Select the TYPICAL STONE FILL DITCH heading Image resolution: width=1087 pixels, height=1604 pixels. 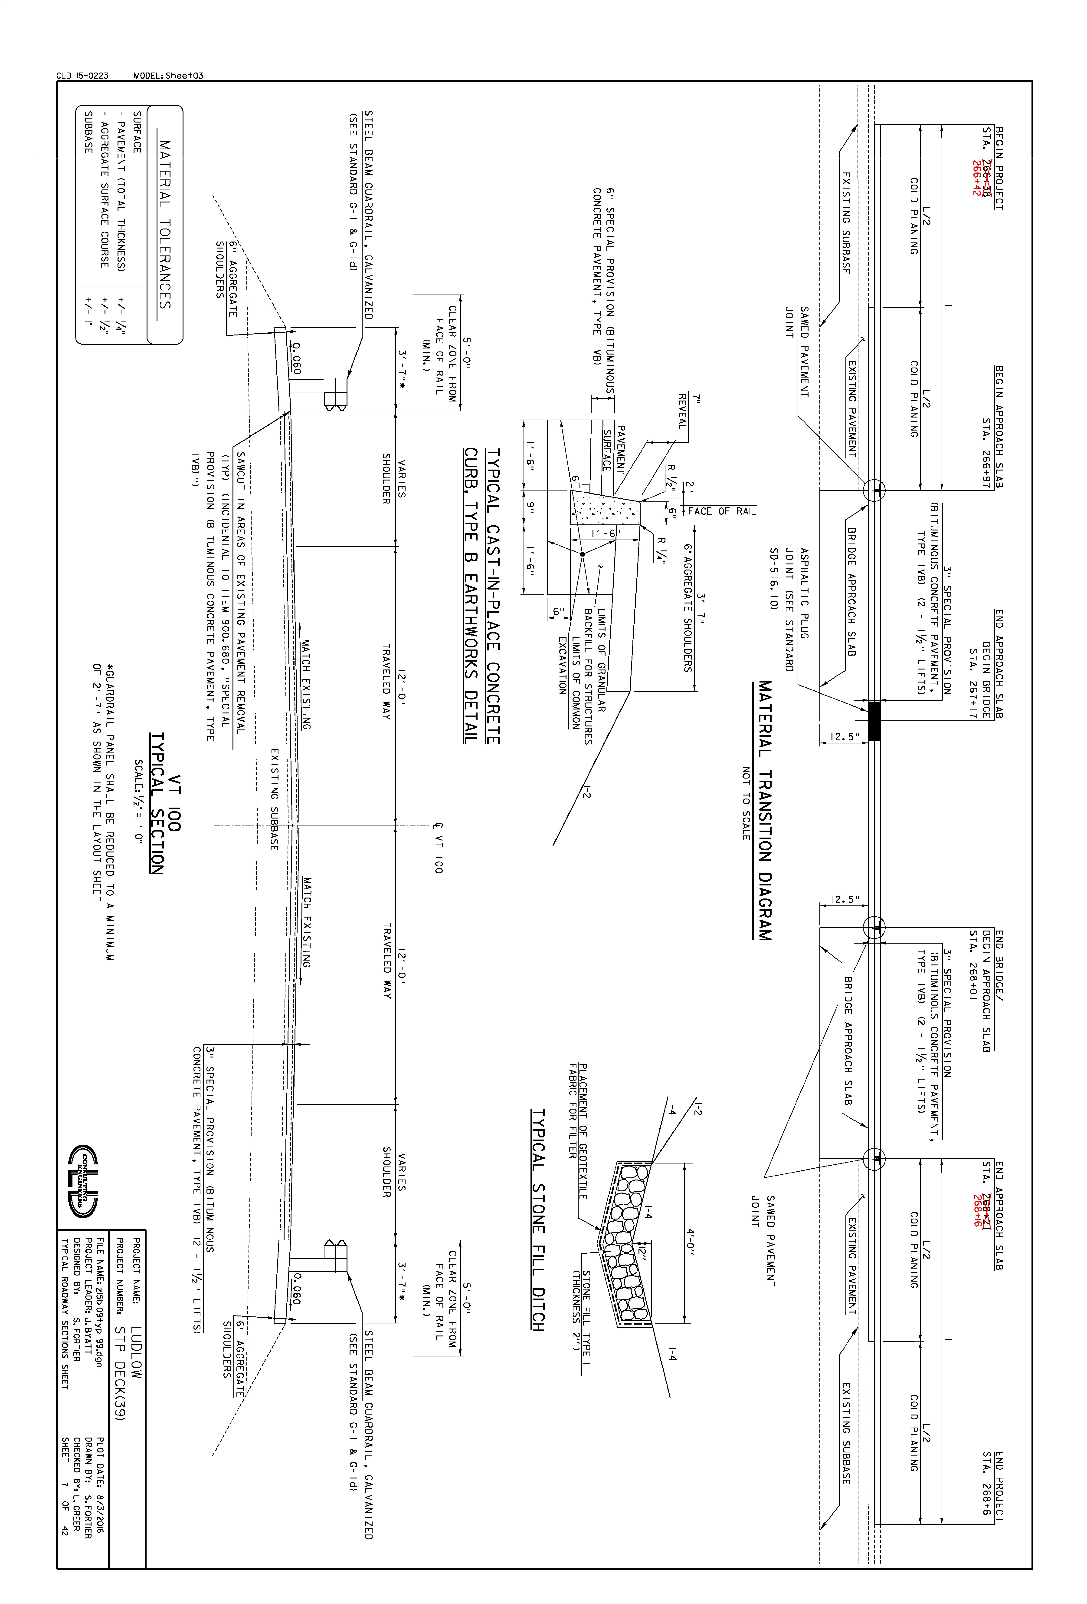(x=538, y=1220)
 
